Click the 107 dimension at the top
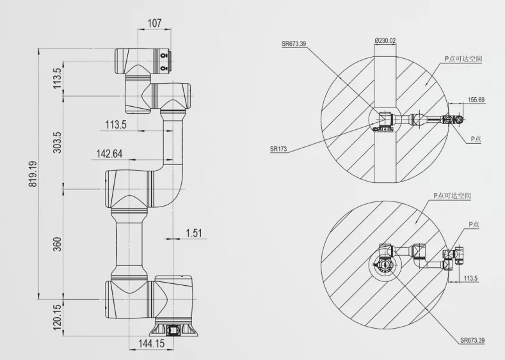(154, 23)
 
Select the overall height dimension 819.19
(33, 174)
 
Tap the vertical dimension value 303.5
(57, 143)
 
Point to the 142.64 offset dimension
(109, 153)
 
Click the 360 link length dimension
(57, 244)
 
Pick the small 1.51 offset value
(194, 233)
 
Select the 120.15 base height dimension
(57, 317)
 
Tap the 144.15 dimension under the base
(151, 343)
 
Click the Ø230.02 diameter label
(385, 40)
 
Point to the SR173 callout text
(278, 149)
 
